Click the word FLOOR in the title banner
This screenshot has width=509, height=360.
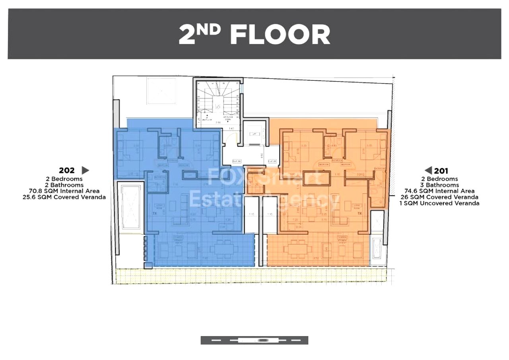coord(280,35)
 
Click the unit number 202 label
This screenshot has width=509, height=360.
coord(67,171)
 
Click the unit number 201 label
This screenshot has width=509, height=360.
coord(441,171)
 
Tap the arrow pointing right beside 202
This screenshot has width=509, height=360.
coord(85,171)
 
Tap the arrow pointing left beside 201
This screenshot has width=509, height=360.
coord(428,171)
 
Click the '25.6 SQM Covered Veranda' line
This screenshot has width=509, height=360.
coord(64,197)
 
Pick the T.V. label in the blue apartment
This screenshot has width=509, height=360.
coord(154,213)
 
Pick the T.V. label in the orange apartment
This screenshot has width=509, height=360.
coord(360,214)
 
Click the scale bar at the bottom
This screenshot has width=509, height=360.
coord(254,340)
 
